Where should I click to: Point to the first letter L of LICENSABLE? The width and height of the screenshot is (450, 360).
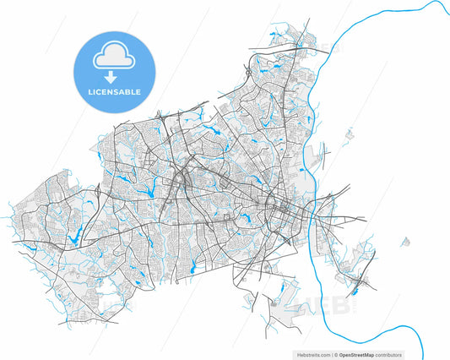(x=90, y=90)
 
